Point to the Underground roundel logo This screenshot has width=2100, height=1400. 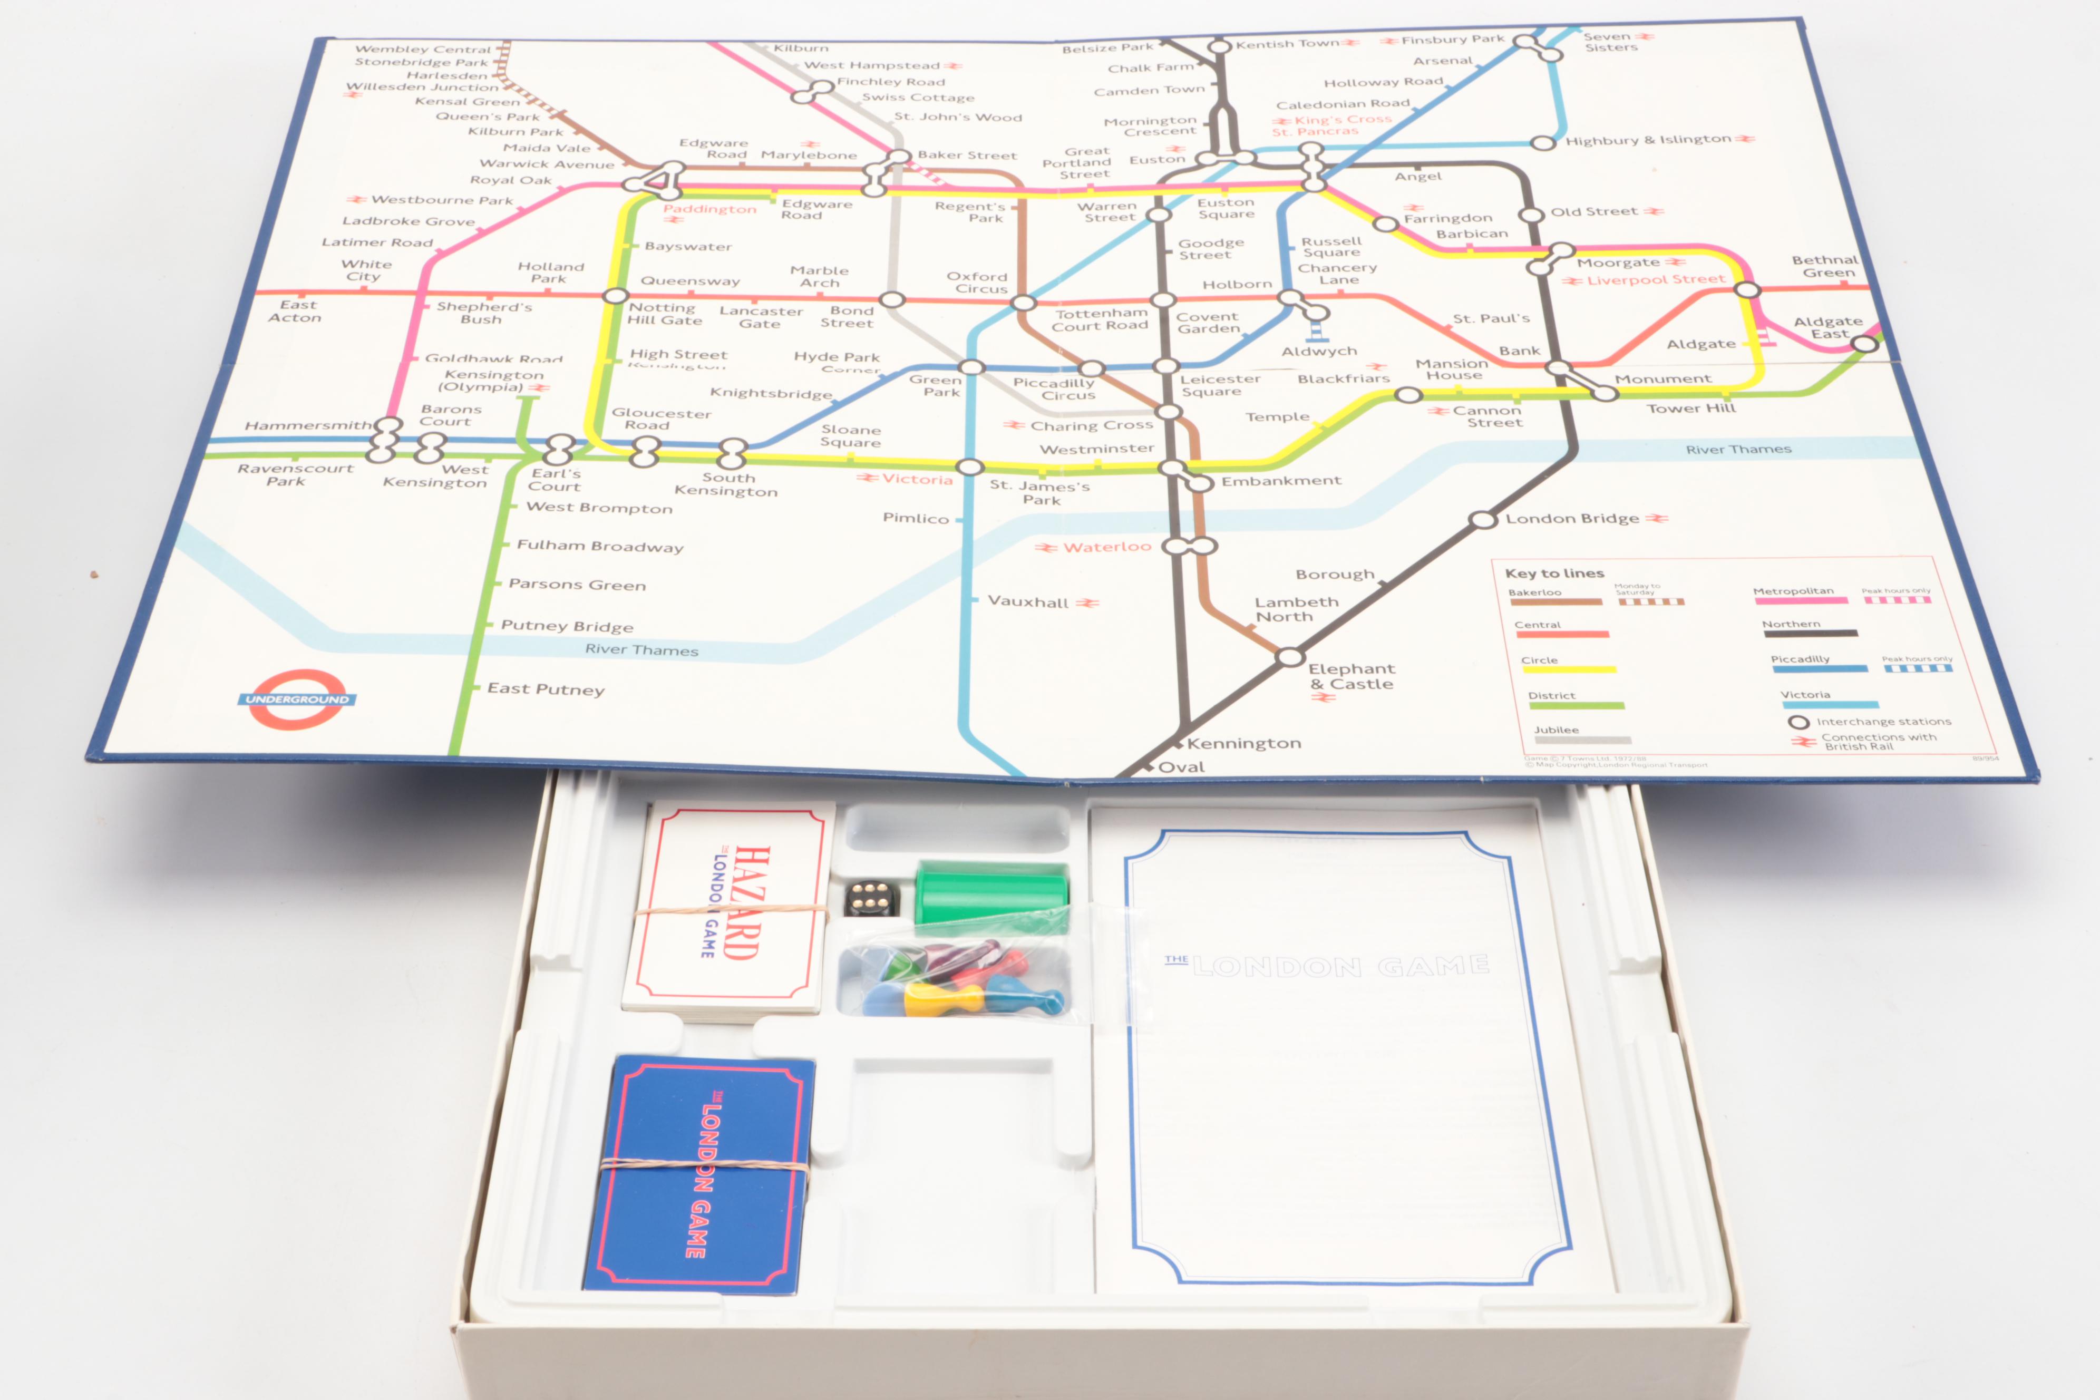tap(297, 699)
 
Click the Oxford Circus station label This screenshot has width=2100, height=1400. tap(978, 283)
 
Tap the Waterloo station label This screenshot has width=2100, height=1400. tap(1106, 547)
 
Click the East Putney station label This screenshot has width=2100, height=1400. tap(546, 689)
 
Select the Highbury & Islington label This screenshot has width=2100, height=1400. tap(1647, 140)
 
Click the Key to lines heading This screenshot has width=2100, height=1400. tap(1554, 573)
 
